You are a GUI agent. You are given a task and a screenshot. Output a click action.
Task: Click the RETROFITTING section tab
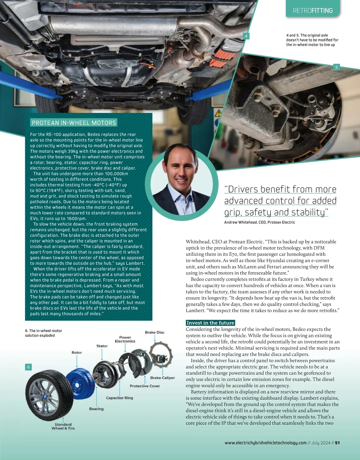pos(313,11)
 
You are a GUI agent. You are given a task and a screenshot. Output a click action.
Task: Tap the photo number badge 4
pos(246,36)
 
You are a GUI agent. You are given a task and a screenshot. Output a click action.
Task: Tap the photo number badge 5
pos(336,67)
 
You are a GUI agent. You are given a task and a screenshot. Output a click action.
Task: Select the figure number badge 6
pos(28,367)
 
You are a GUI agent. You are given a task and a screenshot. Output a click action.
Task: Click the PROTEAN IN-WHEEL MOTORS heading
pos(74,123)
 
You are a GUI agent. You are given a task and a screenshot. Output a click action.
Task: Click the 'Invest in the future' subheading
pos(210,323)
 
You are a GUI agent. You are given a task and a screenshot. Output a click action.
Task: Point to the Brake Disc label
pos(154,332)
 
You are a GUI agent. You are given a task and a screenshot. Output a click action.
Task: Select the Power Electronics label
pos(125,339)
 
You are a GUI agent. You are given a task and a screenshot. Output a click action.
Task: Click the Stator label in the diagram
pos(102,346)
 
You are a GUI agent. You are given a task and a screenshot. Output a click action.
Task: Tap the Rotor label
pos(77,353)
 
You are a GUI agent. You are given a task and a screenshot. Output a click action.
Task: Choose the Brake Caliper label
pos(162,378)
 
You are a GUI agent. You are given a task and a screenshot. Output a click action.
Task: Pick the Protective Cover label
pos(145,386)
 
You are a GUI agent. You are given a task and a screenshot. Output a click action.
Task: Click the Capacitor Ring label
pos(119,398)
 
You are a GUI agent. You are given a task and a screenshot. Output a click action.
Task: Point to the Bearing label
pos(96,409)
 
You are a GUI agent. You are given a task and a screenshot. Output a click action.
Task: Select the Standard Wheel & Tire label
pos(63,426)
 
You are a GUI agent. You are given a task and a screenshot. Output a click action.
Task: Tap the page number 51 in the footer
pos(337,443)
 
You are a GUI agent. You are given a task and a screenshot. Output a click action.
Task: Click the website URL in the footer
pos(265,443)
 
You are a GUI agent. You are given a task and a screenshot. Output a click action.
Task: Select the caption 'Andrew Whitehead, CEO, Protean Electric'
pos(259,222)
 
